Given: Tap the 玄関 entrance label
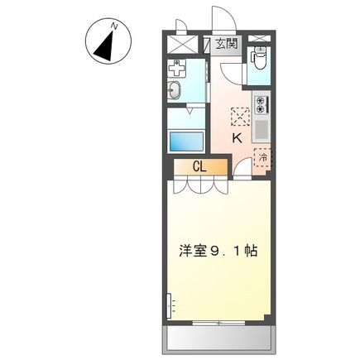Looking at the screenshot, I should tap(224, 44).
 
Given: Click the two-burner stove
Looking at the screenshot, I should tap(259, 105).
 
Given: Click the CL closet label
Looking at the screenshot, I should tap(199, 166).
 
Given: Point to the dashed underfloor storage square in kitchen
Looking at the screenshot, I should tap(239, 117).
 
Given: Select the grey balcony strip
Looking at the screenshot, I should tap(220, 337).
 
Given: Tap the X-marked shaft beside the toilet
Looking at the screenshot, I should tap(259, 39).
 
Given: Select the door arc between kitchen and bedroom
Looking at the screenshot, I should tap(242, 168).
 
